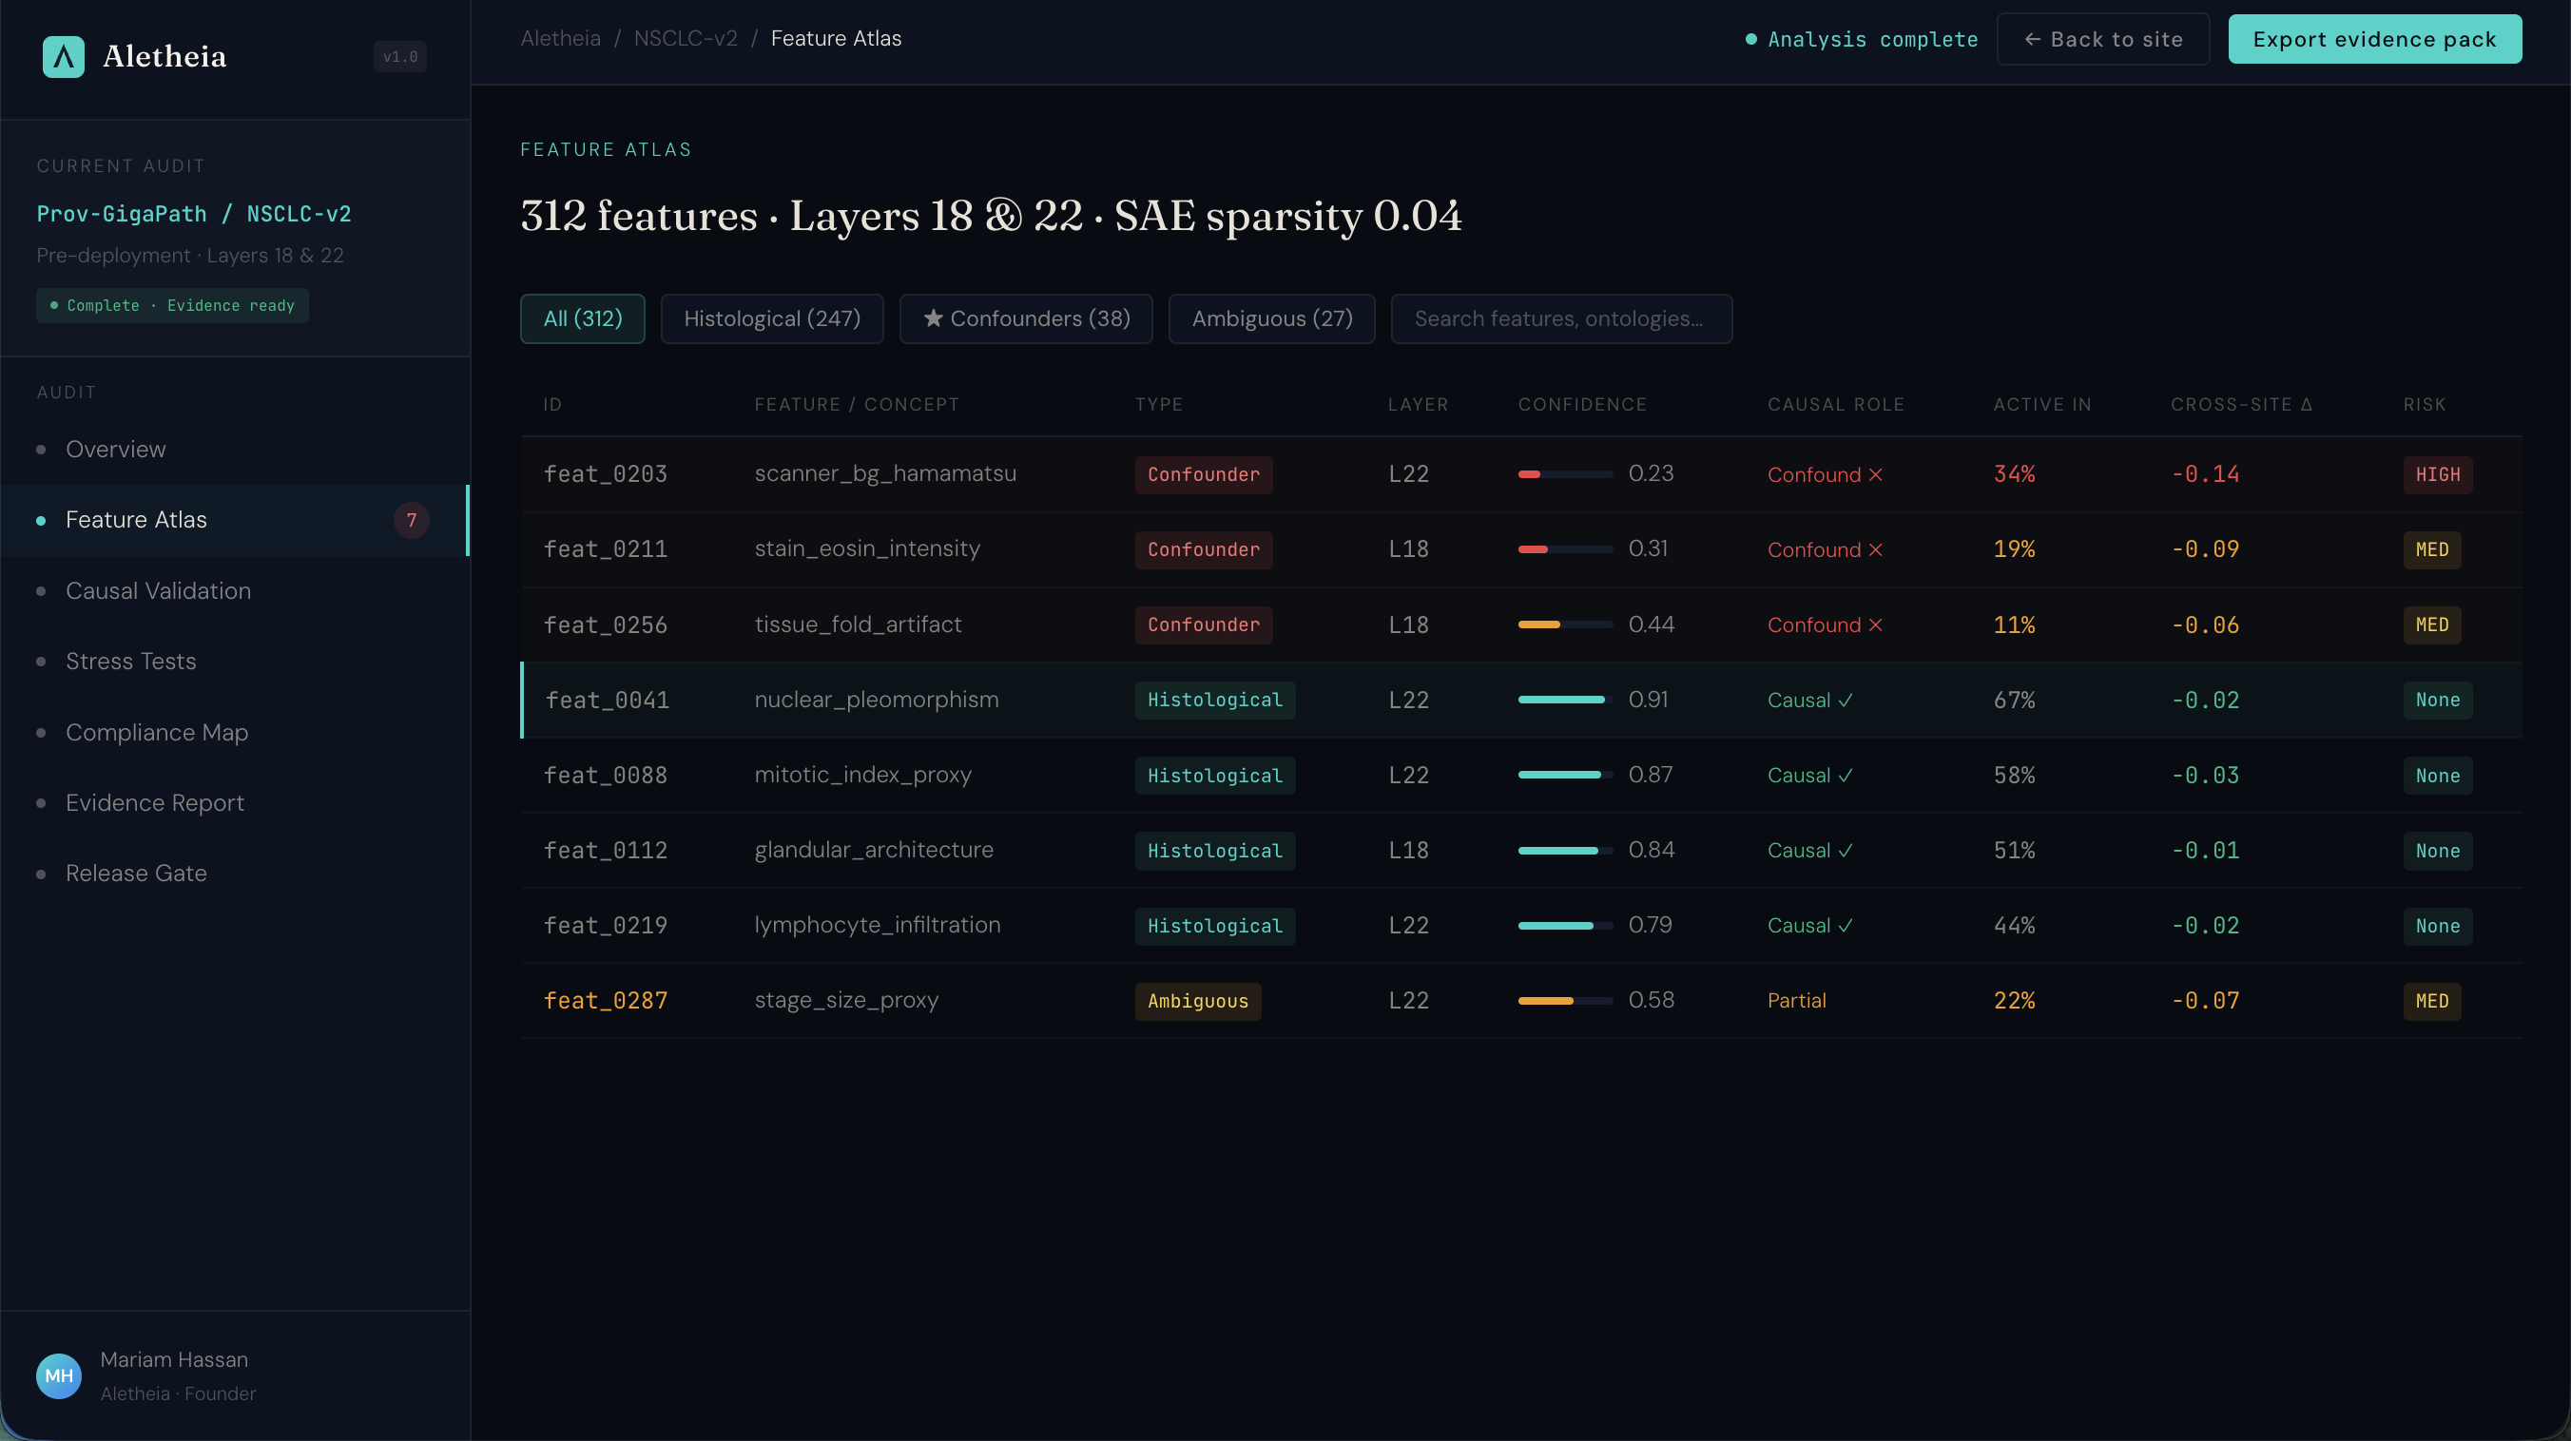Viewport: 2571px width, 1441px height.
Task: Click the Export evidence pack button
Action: point(2373,39)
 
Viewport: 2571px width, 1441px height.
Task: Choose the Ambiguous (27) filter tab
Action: point(1270,318)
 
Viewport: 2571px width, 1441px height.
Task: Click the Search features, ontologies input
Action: point(1560,318)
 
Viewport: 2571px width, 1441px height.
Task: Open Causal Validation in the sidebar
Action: point(158,591)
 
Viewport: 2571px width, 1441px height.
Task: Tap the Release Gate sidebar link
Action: point(136,874)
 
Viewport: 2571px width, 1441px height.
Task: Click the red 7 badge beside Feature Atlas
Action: point(411,520)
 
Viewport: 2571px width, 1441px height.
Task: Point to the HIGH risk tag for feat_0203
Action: point(2436,474)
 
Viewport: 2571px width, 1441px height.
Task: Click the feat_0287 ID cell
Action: point(605,1000)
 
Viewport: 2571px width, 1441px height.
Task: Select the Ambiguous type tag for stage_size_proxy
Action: point(1197,1001)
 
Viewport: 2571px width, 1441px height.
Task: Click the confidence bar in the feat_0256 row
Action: point(1564,624)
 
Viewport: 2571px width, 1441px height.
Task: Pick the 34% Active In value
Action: point(2013,474)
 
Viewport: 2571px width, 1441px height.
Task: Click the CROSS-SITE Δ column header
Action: point(2240,404)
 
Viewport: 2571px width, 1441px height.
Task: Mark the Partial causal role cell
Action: point(1795,1000)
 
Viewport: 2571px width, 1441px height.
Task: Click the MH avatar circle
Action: point(59,1375)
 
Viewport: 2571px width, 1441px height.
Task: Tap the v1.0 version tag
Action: point(400,57)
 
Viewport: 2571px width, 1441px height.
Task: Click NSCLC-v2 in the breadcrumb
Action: point(685,38)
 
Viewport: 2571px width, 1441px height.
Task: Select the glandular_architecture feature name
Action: point(873,849)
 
